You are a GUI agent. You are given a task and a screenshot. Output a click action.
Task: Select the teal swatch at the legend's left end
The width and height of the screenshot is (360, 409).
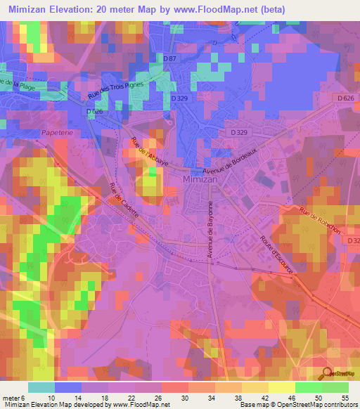(x=41, y=387)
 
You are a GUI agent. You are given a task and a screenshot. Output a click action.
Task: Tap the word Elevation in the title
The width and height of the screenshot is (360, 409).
(x=74, y=10)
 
